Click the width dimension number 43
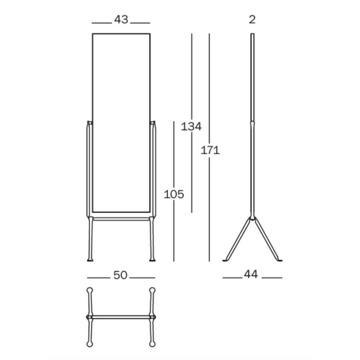tap(121, 20)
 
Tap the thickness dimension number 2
tap(252, 20)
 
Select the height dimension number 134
tap(191, 127)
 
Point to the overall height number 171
tap(210, 150)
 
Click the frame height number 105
tap(174, 194)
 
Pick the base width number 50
tap(120, 275)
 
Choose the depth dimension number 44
tap(251, 274)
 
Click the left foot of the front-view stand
tap(90, 260)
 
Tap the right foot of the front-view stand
tap(152, 260)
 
